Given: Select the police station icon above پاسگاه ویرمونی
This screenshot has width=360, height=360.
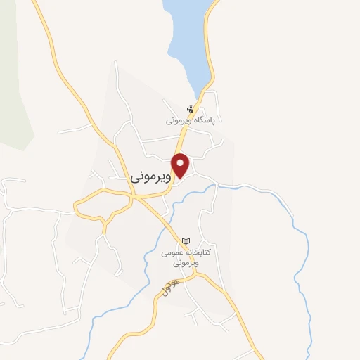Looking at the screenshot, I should [190, 109].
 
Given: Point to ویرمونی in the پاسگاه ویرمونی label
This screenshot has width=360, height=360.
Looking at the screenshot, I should [178, 120].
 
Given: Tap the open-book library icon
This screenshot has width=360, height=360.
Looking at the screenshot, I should [186, 240].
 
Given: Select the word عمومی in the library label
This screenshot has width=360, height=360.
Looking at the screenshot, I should [172, 251].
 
